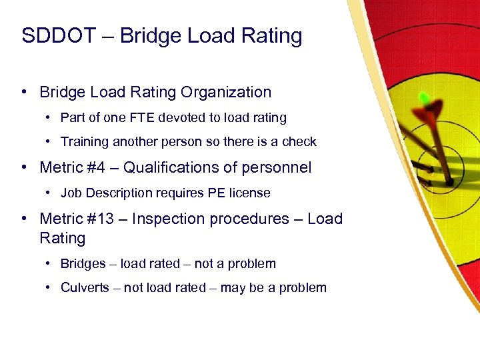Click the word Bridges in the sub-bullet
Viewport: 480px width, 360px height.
(x=83, y=263)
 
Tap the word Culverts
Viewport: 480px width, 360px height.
(x=85, y=288)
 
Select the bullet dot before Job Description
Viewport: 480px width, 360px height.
(x=49, y=193)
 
